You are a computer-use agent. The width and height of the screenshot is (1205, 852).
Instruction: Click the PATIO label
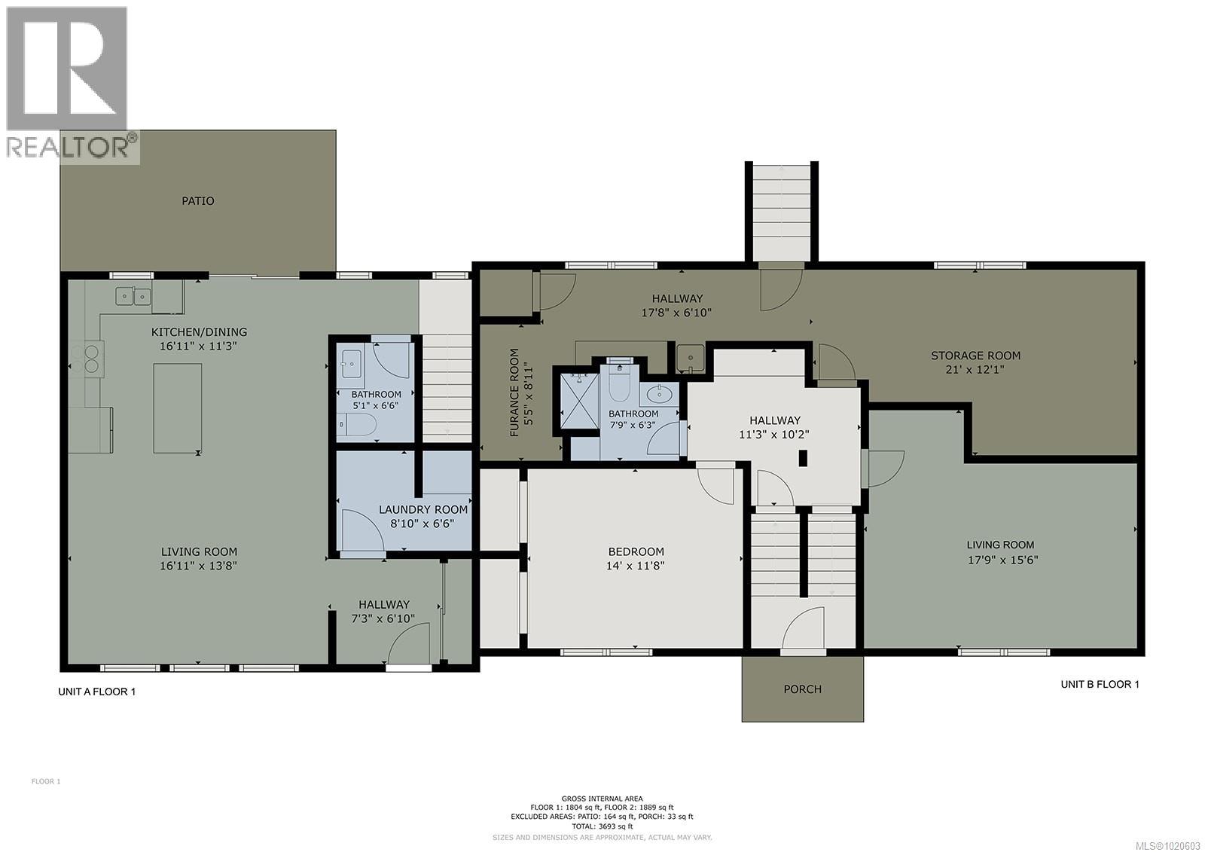197,201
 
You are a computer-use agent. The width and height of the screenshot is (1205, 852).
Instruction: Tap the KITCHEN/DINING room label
199,332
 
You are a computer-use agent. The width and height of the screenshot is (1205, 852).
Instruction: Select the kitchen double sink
133,297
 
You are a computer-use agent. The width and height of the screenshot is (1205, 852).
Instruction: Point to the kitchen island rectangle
178,408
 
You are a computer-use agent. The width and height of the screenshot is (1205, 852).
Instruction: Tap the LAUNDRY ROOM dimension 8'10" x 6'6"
422,524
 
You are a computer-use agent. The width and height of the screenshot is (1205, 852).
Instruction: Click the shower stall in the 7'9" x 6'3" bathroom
578,402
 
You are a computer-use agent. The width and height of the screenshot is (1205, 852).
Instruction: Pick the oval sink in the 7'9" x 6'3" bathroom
660,393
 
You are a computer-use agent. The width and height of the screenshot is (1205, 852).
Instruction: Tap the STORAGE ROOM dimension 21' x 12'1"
975,370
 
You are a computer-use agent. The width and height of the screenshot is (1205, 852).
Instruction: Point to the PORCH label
802,689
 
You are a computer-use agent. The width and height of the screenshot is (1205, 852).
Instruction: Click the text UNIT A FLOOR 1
97,692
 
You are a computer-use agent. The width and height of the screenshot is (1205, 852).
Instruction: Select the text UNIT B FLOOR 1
1100,684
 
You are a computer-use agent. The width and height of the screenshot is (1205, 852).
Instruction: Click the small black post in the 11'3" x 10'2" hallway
803,458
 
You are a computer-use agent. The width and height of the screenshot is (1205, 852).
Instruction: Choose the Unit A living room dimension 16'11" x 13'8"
199,566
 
